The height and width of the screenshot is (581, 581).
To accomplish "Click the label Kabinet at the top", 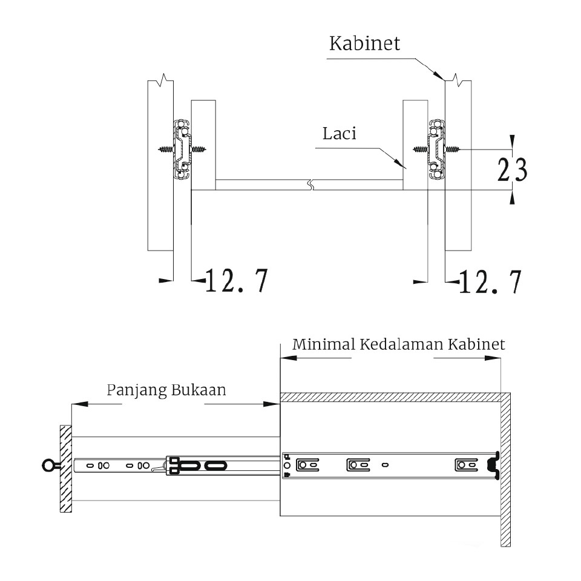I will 365,44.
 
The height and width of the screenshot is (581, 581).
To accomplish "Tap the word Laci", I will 339,133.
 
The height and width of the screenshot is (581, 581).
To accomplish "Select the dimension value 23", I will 512,171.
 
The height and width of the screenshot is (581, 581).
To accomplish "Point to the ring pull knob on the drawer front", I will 48,465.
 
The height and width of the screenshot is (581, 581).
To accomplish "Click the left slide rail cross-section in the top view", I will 182,149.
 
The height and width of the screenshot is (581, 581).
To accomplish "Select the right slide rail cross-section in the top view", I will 435,149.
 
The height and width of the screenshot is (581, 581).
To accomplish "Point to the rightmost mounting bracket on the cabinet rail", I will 465,465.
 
